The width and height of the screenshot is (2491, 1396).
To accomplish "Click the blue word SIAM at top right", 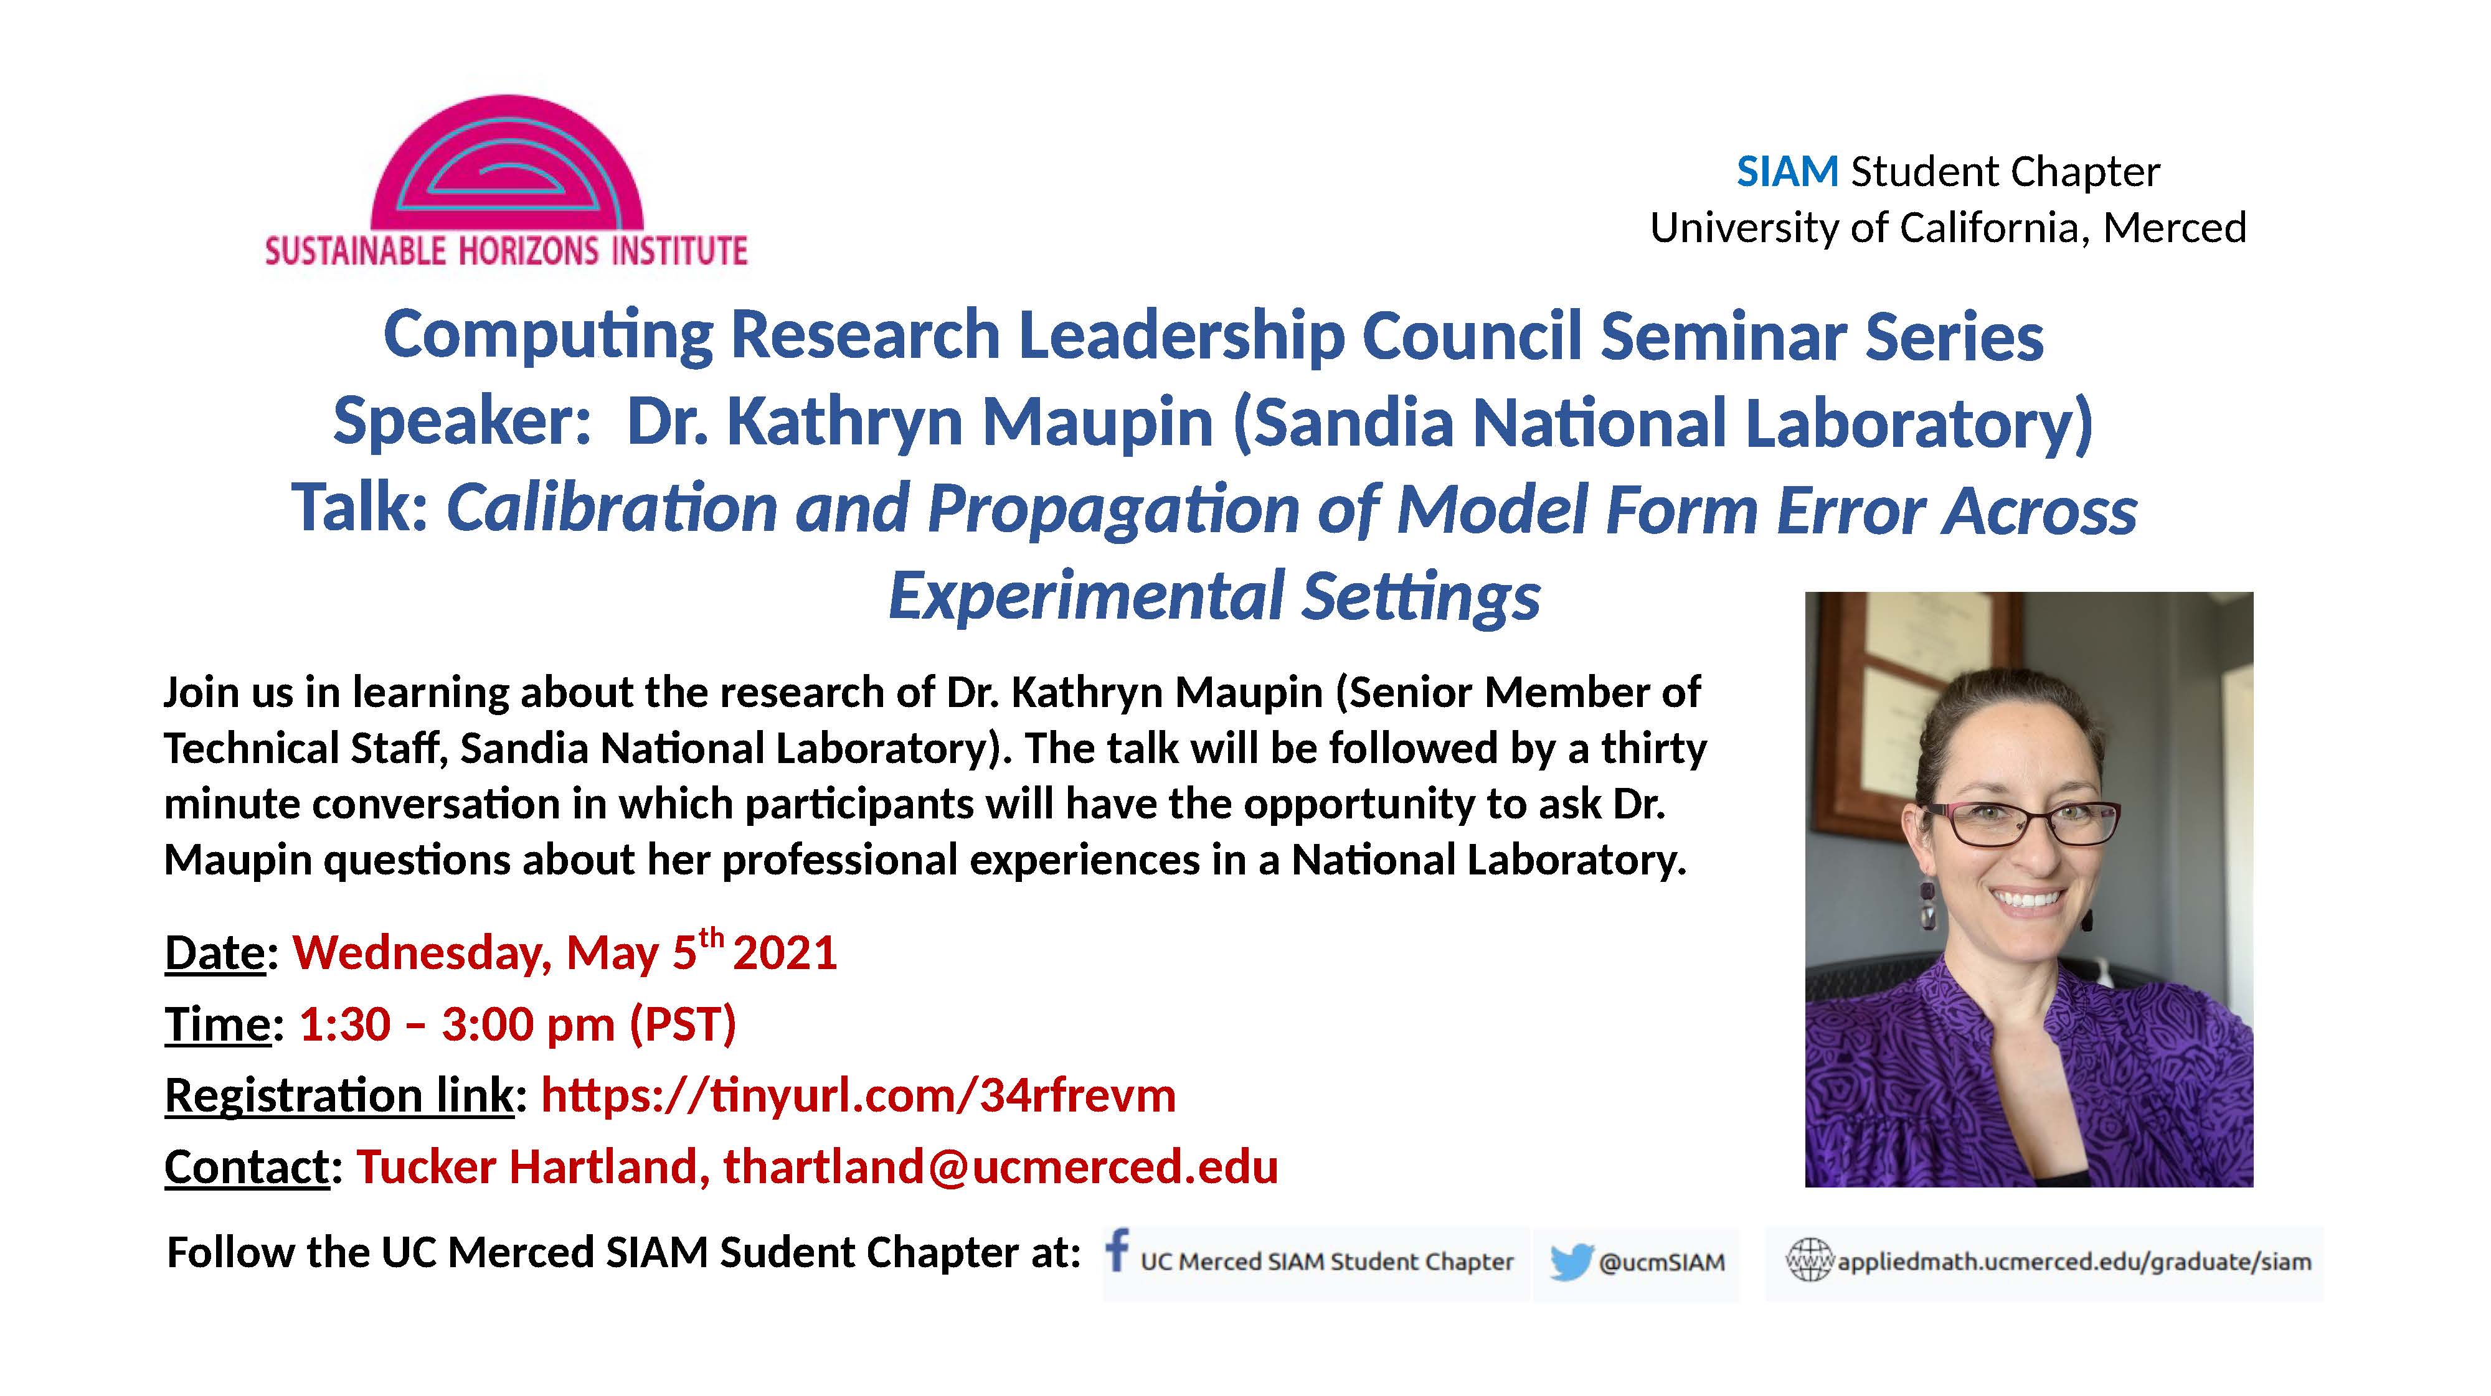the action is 1787,172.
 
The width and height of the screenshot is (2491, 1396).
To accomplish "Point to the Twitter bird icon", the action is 1571,1263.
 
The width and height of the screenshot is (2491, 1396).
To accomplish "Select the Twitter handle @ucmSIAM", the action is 1661,1263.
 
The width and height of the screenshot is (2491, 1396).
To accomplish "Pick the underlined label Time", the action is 217,1024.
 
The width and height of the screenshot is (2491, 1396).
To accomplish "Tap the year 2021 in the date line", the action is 784,953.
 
